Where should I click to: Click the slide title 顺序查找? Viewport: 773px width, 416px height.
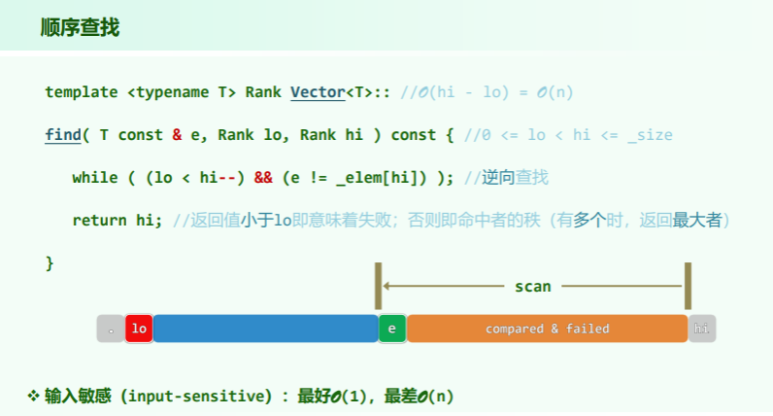[x=80, y=27]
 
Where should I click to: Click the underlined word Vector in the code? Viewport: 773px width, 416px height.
[x=318, y=92]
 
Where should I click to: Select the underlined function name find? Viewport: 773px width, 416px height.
[x=63, y=135]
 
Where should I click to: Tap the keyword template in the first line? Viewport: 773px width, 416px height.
[x=82, y=92]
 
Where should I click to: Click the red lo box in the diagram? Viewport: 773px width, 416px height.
[x=139, y=329]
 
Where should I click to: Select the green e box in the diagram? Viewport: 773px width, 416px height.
[x=391, y=329]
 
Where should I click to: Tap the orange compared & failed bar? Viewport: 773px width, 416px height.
[x=547, y=329]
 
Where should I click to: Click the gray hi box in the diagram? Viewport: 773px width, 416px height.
[x=701, y=329]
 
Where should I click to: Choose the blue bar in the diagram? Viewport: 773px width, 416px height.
[x=265, y=329]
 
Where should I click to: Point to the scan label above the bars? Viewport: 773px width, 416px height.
[x=532, y=286]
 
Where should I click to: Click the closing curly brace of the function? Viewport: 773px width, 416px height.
[x=50, y=263]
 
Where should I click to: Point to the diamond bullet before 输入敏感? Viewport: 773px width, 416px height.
[x=32, y=396]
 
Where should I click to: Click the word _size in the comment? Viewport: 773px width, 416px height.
[x=650, y=135]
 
